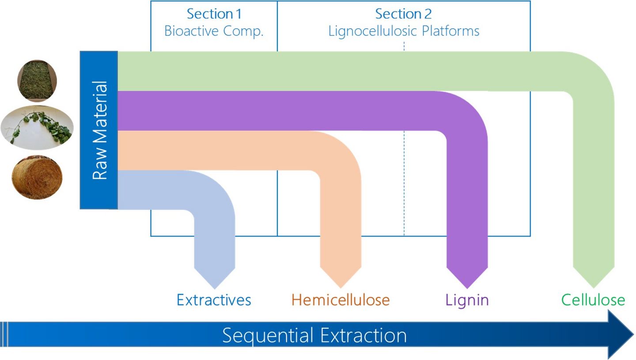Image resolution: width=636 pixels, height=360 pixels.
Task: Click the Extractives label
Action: [x=214, y=300]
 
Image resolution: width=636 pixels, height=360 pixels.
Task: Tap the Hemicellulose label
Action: [x=341, y=300]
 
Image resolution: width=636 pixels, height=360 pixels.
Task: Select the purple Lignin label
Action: [x=467, y=300]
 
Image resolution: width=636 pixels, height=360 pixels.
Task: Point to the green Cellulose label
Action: [x=593, y=300]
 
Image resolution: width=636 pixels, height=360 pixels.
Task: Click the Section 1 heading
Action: [x=214, y=14]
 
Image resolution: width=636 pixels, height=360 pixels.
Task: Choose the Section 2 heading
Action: [x=404, y=14]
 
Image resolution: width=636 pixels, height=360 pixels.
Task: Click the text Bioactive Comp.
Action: [x=214, y=31]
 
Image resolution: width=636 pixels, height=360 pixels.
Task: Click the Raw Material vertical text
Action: [x=100, y=130]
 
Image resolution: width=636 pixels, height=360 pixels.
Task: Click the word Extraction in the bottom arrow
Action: [x=364, y=335]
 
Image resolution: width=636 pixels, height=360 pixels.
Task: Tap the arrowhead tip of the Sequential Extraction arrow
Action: [x=633, y=334]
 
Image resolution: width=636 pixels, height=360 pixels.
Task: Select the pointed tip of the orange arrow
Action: [x=341, y=288]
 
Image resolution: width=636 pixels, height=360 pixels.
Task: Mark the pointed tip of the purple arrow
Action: [x=467, y=288]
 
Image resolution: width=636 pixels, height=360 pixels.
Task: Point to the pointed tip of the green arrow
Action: [x=594, y=288]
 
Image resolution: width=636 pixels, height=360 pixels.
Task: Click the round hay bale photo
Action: [x=37, y=177]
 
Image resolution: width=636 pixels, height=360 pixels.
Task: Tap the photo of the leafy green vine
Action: [x=37, y=128]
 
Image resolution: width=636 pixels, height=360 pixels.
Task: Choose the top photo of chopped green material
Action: [x=37, y=81]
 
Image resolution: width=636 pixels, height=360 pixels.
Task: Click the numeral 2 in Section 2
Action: [x=428, y=14]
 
